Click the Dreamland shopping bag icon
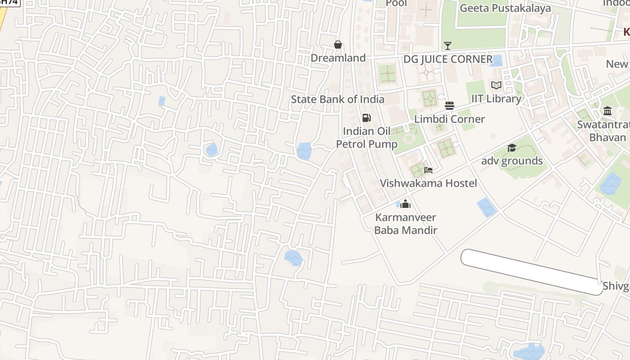pyautogui.click(x=338, y=45)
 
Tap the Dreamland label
pyautogui.click(x=338, y=58)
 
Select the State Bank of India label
pyautogui.click(x=337, y=99)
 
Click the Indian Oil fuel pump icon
pyautogui.click(x=367, y=118)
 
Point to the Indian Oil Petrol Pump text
pyautogui.click(x=367, y=138)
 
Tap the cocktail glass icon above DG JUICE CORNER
pyautogui.click(x=447, y=45)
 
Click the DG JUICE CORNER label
pyautogui.click(x=448, y=59)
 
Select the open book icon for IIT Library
pyautogui.click(x=496, y=85)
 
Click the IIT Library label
pyautogui.click(x=496, y=99)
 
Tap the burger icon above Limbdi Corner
pyautogui.click(x=449, y=106)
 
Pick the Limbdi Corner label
pyautogui.click(x=449, y=119)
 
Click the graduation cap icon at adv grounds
pyautogui.click(x=512, y=148)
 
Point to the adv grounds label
pyautogui.click(x=512, y=161)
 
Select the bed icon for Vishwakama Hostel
pyautogui.click(x=428, y=170)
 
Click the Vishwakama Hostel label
pyautogui.click(x=428, y=183)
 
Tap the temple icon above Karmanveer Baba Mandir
pyautogui.click(x=405, y=204)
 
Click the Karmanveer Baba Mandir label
pyautogui.click(x=405, y=224)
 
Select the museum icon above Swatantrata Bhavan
pyautogui.click(x=607, y=111)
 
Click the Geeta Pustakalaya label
pyautogui.click(x=505, y=8)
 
